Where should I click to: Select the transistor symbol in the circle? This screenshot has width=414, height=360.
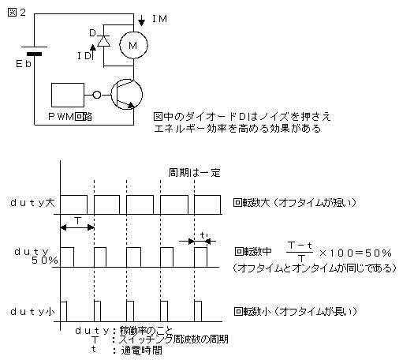pos(126,95)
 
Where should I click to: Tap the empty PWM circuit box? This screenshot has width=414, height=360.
pos(68,95)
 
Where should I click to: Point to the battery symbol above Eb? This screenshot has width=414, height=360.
pos(35,51)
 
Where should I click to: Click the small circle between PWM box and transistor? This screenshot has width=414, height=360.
pos(97,95)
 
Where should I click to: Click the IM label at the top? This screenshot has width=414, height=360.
pos(159,19)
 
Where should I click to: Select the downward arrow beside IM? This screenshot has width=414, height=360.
pos(142,21)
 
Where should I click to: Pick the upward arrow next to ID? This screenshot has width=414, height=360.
pos(93,52)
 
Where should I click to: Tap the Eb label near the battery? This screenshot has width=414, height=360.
pos(24,64)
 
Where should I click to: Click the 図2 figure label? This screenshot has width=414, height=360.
pos(17,12)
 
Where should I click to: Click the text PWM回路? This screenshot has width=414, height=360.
pos(70,116)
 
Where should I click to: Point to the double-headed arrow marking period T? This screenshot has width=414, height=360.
pos(77,227)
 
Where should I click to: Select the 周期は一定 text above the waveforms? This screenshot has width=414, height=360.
pos(194,173)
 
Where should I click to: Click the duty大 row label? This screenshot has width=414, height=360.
pos(32,203)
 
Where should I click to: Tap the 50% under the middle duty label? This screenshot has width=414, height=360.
pos(45,261)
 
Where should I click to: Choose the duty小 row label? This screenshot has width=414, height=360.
pos(32,312)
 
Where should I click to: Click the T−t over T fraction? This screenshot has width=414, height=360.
pos(300,251)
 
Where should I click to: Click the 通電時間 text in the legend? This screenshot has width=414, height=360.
pos(141,351)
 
